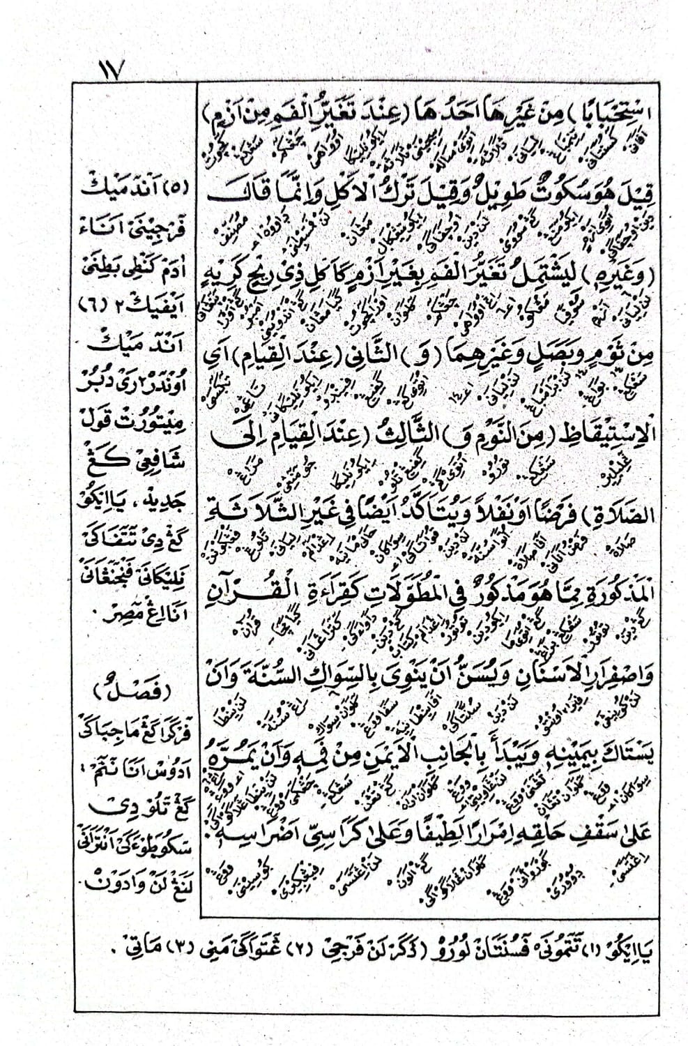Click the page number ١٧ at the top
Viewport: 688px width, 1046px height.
(x=110, y=70)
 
